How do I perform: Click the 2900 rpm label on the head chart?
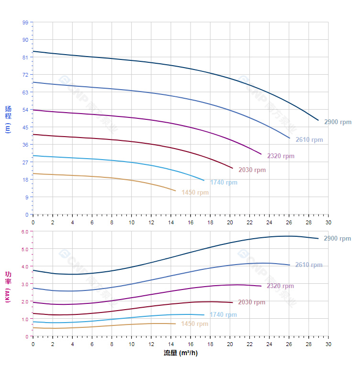(x=337, y=122)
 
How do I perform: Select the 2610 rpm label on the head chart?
(x=309, y=140)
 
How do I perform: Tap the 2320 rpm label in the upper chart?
(x=281, y=156)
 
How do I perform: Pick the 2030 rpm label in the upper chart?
(x=252, y=170)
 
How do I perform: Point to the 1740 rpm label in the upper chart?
(x=224, y=182)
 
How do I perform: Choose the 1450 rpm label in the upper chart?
(x=195, y=193)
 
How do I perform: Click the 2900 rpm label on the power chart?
(x=337, y=239)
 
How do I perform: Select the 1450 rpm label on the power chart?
(x=194, y=324)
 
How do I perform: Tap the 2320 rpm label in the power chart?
(x=280, y=286)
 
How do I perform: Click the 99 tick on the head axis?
(x=25, y=23)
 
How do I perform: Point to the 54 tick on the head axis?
(x=25, y=110)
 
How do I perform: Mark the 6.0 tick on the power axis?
(x=25, y=232)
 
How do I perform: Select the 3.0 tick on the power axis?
(x=25, y=284)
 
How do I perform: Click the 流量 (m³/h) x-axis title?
(x=180, y=353)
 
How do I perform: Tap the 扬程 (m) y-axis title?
(x=8, y=119)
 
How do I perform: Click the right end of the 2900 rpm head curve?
(x=318, y=120)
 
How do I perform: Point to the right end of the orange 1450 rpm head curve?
(x=176, y=191)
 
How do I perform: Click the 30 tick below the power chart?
(x=328, y=344)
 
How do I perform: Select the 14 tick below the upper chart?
(x=171, y=222)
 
